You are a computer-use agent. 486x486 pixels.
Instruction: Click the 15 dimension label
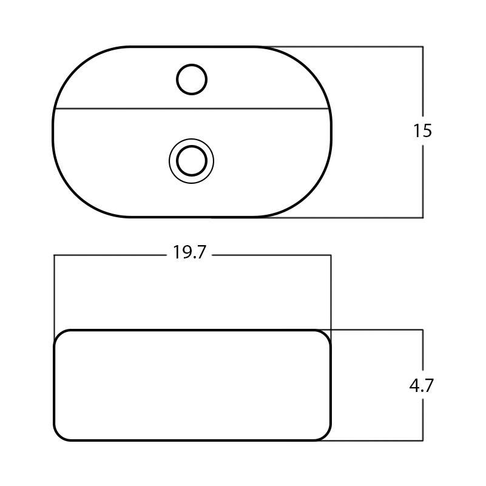(x=422, y=130)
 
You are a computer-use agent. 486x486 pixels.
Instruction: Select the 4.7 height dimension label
(x=422, y=385)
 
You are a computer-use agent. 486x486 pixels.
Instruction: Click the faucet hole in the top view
(x=192, y=79)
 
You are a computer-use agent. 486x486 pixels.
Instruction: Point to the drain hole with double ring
(x=192, y=161)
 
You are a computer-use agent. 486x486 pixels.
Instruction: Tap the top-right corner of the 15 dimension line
(x=422, y=47)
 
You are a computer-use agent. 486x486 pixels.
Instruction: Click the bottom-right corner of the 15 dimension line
(x=422, y=217)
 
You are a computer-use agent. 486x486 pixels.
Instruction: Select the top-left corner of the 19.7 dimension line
(x=55, y=255)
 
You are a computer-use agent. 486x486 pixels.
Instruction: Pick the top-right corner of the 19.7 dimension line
(x=331, y=255)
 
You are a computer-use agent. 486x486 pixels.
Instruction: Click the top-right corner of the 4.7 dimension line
(x=422, y=330)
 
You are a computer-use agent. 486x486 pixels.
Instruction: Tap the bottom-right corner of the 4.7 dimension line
(x=422, y=440)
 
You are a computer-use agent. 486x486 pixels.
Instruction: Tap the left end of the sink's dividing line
(x=55, y=109)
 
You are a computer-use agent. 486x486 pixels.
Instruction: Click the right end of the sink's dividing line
(x=329, y=109)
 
